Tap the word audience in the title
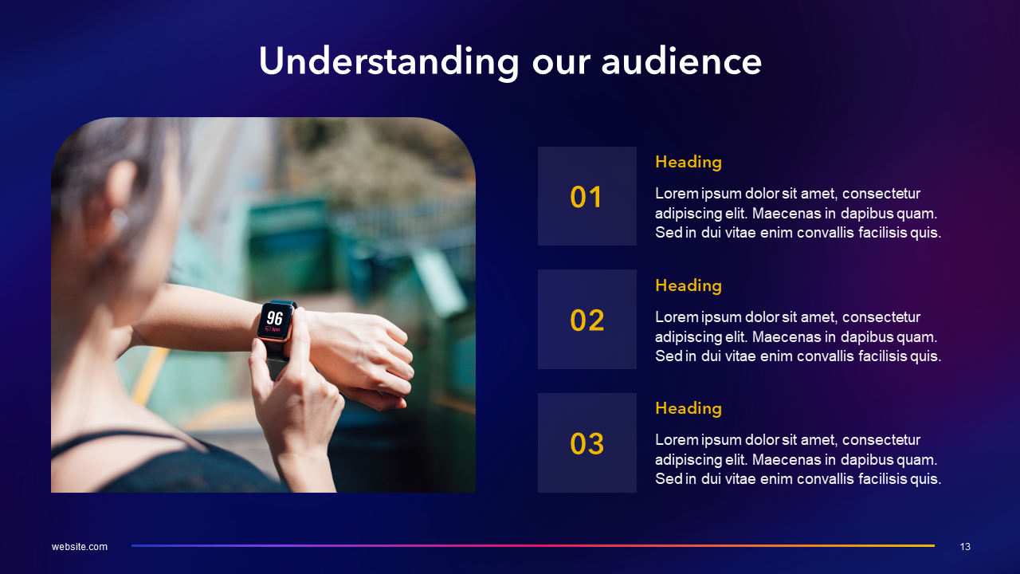[x=681, y=62]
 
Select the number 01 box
[x=587, y=196]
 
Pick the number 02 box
[x=587, y=320]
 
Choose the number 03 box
[x=587, y=443]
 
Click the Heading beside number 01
[x=688, y=162]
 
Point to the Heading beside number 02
[x=688, y=285]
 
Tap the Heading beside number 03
[x=688, y=408]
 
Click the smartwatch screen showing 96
[x=274, y=320]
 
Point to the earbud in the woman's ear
[x=120, y=218]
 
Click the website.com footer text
[x=80, y=547]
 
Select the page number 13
[x=965, y=547]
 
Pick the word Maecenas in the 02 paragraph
[x=786, y=336]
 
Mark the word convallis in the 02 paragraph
[x=826, y=356]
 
